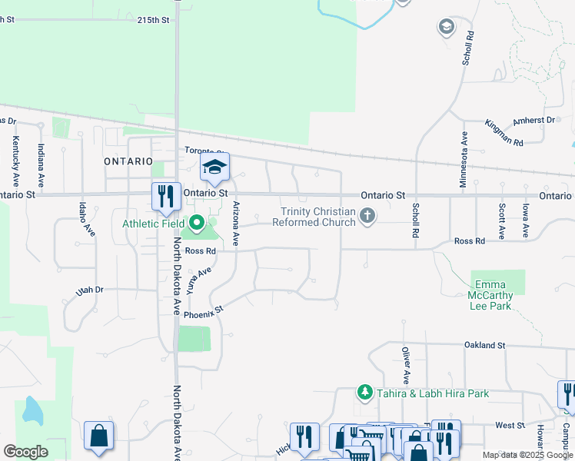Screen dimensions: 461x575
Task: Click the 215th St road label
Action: [x=153, y=20]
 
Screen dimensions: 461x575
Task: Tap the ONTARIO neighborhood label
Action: [x=128, y=161]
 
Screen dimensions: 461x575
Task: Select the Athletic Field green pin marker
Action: [x=197, y=224]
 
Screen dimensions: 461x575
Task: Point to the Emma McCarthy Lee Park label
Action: [x=490, y=295]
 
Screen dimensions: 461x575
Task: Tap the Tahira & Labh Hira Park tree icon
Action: [x=366, y=393]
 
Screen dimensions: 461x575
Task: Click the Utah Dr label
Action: [x=89, y=290]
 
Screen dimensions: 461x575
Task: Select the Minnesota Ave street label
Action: [x=464, y=159]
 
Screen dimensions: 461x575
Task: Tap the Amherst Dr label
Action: [x=533, y=121]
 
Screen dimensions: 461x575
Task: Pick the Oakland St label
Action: [x=484, y=346]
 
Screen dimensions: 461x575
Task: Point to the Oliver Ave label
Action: [x=405, y=366]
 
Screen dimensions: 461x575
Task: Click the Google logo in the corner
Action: [x=25, y=452]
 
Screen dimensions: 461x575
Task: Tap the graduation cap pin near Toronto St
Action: [x=215, y=166]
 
